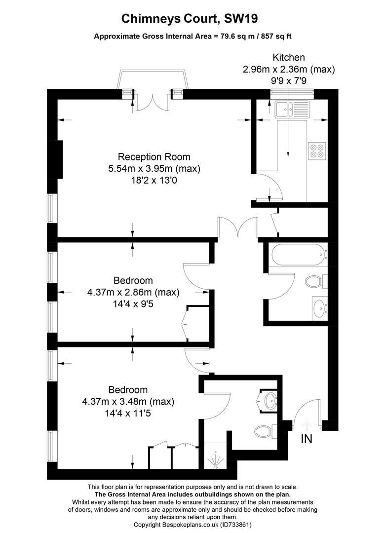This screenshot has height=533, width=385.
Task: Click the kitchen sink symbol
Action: point(292,109)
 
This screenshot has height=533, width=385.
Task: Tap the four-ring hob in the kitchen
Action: point(317,151)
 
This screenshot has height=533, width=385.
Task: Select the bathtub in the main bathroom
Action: point(299,255)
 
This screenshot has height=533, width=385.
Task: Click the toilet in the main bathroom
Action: point(316,281)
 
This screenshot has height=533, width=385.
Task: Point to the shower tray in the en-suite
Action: point(215,456)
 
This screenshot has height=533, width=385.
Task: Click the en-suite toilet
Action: point(266,431)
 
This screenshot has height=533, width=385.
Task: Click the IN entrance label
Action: point(307,439)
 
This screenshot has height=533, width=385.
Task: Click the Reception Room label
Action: point(154,157)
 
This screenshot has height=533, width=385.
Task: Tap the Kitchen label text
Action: point(289,57)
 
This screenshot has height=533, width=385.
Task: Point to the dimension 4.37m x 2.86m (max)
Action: point(133,292)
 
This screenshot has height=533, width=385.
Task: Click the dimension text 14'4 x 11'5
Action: point(128,414)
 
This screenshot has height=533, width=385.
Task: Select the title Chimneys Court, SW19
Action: point(190,19)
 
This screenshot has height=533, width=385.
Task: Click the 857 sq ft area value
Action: point(276,37)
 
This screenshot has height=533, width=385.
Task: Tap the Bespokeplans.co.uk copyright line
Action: point(192,525)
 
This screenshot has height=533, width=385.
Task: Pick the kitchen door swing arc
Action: point(272,185)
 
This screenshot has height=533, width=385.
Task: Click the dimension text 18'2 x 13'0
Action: point(154,181)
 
